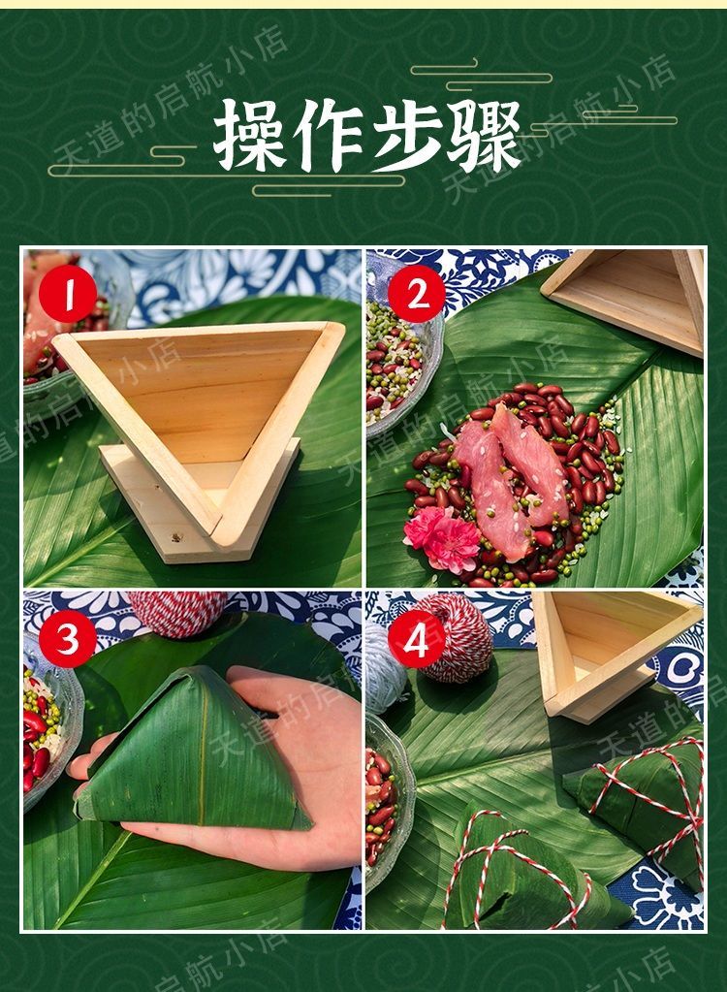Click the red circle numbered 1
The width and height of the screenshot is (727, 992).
coord(69,297)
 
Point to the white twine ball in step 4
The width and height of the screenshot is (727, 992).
coord(383,669)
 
